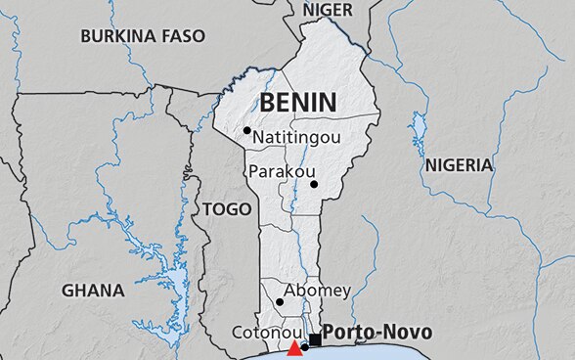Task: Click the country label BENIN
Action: pos(297,102)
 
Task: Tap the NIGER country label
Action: pos(328,10)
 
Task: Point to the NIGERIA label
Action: pos(459,165)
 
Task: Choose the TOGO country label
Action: pos(226,208)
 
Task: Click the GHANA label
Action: pos(93,291)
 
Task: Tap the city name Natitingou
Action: pos(296,138)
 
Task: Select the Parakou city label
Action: pos(278,171)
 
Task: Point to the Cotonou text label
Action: pos(264,333)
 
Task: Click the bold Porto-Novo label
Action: pos(376,333)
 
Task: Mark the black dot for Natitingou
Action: pos(247,130)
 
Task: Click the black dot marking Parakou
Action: pos(314,184)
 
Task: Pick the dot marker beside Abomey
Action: pos(280,302)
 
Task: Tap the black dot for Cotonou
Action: pos(304,347)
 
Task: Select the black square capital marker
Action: pos(315,339)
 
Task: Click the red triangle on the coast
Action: pos(294,349)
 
